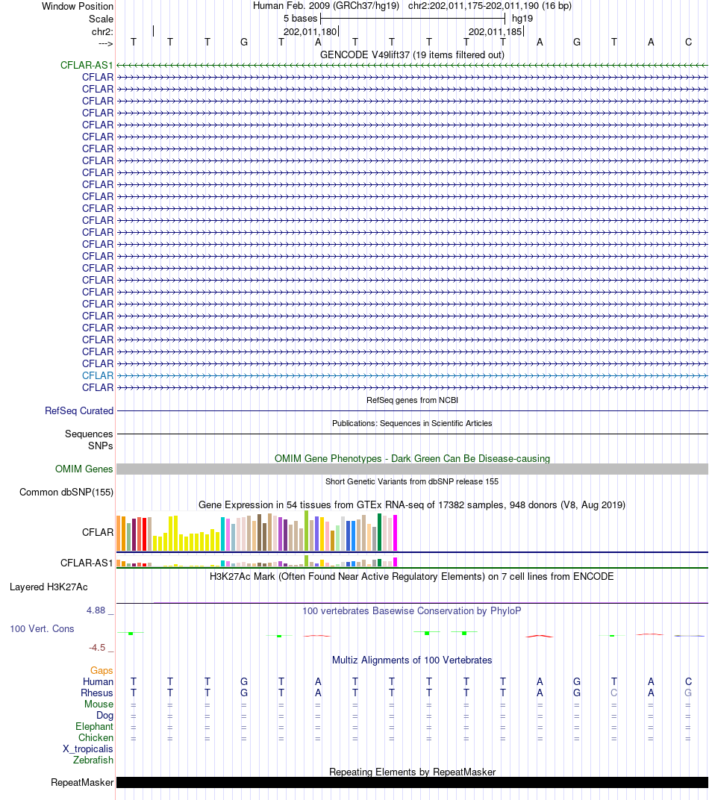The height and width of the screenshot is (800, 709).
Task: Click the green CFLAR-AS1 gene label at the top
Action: pyautogui.click(x=87, y=66)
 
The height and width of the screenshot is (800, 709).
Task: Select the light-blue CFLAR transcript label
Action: pyautogui.click(x=98, y=375)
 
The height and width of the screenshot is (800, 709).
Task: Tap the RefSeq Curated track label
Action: pyautogui.click(x=79, y=410)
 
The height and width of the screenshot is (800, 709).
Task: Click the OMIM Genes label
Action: pyautogui.click(x=84, y=469)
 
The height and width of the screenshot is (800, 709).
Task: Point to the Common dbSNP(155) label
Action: pyautogui.click(x=66, y=493)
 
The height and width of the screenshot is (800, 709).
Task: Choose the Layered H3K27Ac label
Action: pyautogui.click(x=49, y=587)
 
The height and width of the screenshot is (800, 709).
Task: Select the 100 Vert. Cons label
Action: pyautogui.click(x=42, y=629)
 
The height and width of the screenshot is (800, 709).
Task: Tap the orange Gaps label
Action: pyautogui.click(x=101, y=670)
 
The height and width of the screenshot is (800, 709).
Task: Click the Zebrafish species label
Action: pyautogui.click(x=93, y=760)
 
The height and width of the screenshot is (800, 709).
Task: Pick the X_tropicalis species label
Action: pyautogui.click(x=88, y=749)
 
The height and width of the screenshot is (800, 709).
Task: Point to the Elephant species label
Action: pyautogui.click(x=94, y=727)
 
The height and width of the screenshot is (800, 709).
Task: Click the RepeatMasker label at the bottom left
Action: pyautogui.click(x=82, y=783)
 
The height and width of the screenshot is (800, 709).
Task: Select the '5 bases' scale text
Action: pyautogui.click(x=301, y=19)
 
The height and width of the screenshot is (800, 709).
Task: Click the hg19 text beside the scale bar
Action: pyautogui.click(x=522, y=19)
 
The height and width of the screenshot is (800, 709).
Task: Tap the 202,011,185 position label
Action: pyautogui.click(x=496, y=31)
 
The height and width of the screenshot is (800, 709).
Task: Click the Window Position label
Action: pyautogui.click(x=78, y=6)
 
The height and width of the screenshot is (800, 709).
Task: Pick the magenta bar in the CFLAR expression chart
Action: pyautogui.click(x=395, y=533)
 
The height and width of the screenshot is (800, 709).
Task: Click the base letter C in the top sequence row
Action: pyautogui.click(x=688, y=43)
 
